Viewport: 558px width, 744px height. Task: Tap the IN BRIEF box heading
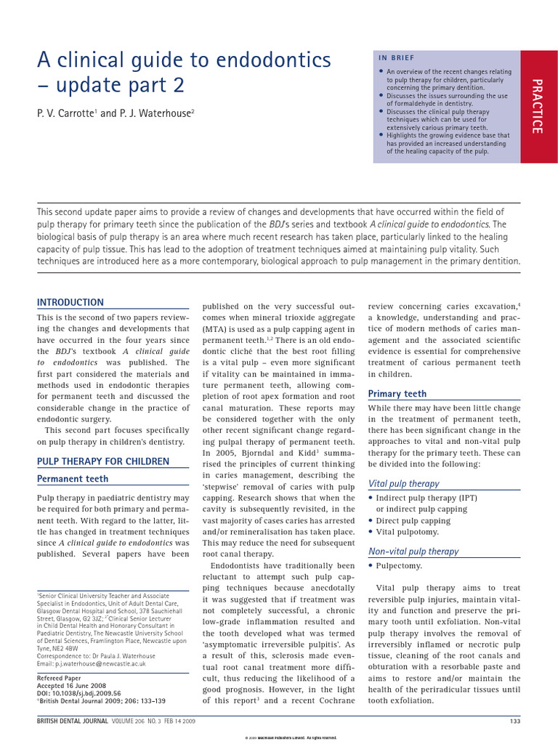pos(395,57)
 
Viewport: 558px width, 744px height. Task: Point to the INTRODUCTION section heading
pos(70,302)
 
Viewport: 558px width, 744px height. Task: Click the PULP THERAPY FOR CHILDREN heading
pos(103,461)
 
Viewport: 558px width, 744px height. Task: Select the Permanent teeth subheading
pos(73,479)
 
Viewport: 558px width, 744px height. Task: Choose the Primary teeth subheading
pos(397,394)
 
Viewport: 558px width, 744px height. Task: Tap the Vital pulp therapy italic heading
pos(403,483)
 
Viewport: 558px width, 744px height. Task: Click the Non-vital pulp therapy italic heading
pos(413,551)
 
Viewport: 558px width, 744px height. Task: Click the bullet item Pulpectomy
pos(399,565)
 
